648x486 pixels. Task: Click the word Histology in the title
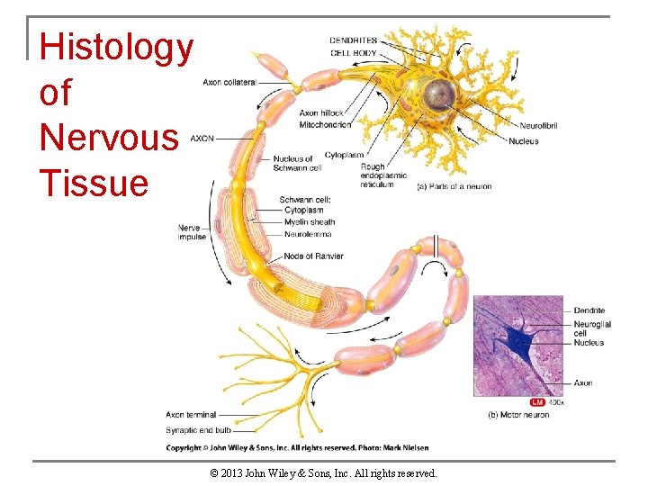116,48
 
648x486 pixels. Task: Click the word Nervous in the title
109,138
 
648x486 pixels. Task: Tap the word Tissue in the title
94,183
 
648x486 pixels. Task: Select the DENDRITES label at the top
353,40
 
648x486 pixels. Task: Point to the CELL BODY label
354,52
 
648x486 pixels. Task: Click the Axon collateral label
229,82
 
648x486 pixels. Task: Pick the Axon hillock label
321,113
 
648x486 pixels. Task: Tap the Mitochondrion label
325,124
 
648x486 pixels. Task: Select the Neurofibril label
538,125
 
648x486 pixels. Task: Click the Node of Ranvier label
313,256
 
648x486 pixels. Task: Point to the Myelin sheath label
309,222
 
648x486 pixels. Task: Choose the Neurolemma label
308,234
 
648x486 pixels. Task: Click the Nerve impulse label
192,232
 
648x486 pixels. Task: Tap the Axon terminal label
191,415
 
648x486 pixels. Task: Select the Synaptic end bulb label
198,430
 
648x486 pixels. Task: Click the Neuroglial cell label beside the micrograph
592,328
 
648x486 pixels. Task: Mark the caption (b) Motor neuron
517,415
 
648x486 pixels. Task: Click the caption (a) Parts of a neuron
454,187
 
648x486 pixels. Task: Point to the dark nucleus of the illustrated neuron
440,92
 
